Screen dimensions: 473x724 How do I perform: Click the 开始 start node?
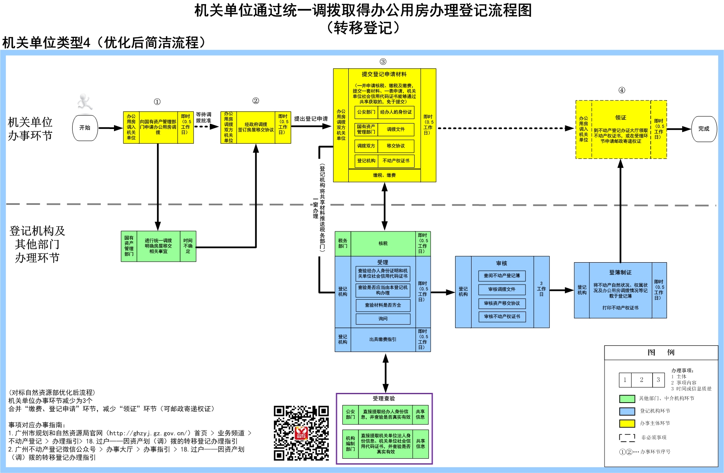pos(85,128)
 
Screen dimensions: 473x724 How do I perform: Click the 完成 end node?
pos(704,129)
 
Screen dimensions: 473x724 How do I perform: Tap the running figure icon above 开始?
pos(85,102)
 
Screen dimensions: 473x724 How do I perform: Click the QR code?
pos(301,433)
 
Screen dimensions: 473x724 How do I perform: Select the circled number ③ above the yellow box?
pos(383,62)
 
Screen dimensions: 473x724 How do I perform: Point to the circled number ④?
pos(621,90)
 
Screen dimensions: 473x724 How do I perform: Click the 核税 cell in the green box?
pos(383,244)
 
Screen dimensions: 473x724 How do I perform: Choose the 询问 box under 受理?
pos(383,319)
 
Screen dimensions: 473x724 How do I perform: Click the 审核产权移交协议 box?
pos(502,303)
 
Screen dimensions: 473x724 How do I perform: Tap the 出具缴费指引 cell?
pos(383,339)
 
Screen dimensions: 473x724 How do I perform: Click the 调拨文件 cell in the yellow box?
pos(396,129)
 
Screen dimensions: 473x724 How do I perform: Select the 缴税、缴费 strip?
pos(384,175)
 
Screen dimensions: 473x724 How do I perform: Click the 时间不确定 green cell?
pos(188,246)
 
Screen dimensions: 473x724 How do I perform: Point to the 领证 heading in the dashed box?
pos(621,118)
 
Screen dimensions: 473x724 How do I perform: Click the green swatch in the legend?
pos(627,399)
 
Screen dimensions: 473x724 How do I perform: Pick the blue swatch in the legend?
pos(627,411)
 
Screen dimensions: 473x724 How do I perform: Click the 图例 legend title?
pos(661,352)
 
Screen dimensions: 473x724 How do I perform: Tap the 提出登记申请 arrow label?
pos(311,119)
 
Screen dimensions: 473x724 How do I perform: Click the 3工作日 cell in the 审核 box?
pos(541,289)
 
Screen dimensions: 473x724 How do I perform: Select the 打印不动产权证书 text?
pos(620,308)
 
